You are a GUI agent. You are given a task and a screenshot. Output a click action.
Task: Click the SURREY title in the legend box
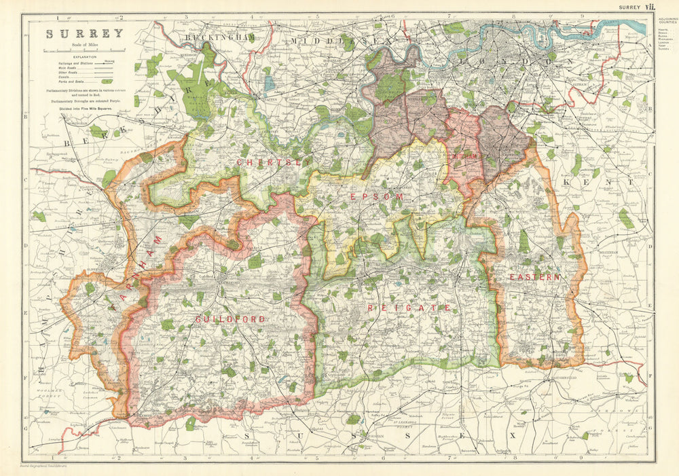(x=84, y=33)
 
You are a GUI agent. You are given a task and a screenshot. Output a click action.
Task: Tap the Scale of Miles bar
(x=85, y=50)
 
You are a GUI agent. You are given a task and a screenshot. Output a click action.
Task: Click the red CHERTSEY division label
(x=268, y=163)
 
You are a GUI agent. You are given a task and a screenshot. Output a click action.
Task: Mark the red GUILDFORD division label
(x=220, y=318)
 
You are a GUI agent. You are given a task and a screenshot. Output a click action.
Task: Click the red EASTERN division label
(x=536, y=277)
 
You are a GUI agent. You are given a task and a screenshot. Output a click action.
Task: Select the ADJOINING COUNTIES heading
(x=666, y=20)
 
